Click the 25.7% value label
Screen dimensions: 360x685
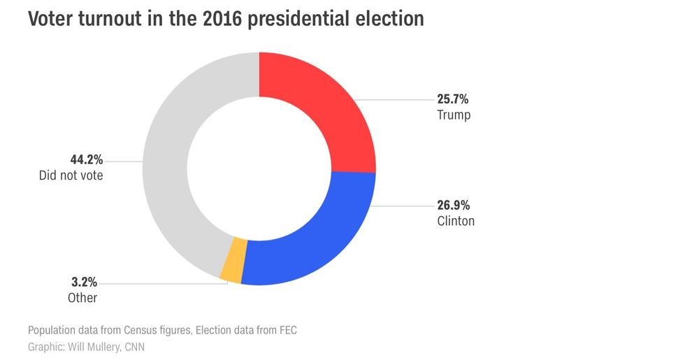click(x=453, y=100)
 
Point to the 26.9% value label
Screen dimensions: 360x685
click(x=453, y=206)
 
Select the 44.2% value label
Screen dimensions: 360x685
click(x=86, y=161)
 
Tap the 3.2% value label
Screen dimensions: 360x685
click(x=83, y=283)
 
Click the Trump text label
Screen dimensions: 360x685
click(x=454, y=115)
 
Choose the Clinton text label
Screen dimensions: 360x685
click(x=456, y=222)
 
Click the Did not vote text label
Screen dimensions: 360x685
click(x=71, y=176)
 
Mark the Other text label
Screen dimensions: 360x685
click(x=82, y=298)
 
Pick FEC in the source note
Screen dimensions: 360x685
click(x=287, y=330)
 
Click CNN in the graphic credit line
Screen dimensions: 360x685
click(x=137, y=347)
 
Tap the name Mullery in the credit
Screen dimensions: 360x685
click(x=103, y=347)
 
